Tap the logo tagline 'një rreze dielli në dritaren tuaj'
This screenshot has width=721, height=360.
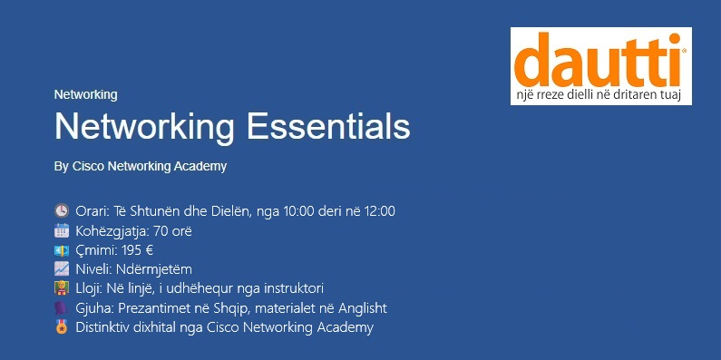(598, 95)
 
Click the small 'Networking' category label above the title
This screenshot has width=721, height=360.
(85, 94)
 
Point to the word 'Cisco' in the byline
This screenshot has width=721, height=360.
(88, 167)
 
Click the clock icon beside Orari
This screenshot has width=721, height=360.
(61, 211)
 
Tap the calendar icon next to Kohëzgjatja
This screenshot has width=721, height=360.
(61, 230)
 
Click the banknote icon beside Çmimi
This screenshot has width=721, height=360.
(61, 250)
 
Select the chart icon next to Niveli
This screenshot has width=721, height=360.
(61, 269)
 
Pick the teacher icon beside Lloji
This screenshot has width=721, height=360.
(61, 288)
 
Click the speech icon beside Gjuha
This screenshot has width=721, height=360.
(61, 307)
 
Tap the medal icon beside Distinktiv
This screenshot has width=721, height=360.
(61, 326)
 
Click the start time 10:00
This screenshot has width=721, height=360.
(299, 211)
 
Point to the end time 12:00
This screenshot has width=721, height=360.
(379, 211)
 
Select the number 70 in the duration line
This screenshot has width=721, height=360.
(161, 231)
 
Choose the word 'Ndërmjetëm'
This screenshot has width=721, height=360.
(154, 269)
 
